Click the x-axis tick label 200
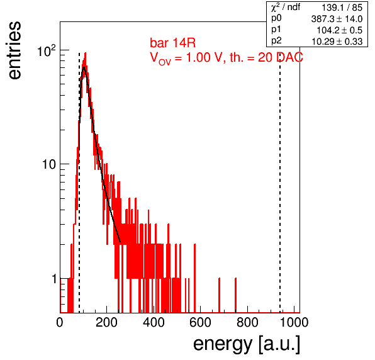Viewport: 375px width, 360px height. tap(106, 322)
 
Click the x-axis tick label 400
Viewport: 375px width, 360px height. tap(154, 322)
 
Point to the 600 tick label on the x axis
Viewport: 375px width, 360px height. tap(201, 322)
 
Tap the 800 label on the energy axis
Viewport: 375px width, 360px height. tap(247, 322)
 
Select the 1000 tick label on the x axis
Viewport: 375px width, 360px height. tap(294, 322)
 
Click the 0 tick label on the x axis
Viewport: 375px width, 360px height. tap(60, 322)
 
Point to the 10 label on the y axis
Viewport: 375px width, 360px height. tap(49, 164)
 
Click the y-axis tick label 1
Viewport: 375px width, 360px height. tap(54, 279)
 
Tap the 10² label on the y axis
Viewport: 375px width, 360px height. tap(47, 51)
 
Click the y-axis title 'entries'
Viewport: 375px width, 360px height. tap(15, 50)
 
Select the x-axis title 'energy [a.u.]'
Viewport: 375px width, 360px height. tap(247, 345)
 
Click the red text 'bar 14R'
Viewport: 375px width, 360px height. tap(172, 43)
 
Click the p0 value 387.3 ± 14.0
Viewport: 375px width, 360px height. tap(337, 19)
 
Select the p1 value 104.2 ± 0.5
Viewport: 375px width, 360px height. tap(339, 30)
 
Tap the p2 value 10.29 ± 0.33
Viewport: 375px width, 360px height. tap(337, 42)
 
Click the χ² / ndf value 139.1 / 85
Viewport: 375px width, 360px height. tap(342, 8)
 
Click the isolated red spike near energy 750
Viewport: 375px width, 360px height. tap(235, 295)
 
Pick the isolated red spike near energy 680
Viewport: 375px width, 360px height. tap(220, 295)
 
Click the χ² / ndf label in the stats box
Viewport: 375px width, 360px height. tap(286, 7)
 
